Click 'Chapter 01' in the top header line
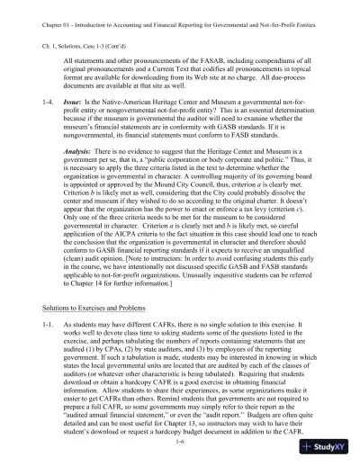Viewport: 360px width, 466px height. pos(35,12)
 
